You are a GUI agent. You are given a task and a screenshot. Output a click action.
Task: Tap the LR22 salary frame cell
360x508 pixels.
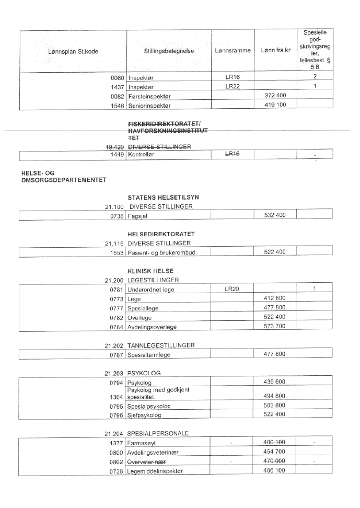click(232, 86)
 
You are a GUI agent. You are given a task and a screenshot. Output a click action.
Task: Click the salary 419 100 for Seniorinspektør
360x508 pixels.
click(274, 105)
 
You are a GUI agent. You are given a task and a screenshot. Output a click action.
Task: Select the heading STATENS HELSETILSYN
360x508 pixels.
click(162, 197)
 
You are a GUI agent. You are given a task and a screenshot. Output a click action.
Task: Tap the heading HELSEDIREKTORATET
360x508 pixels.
click(159, 234)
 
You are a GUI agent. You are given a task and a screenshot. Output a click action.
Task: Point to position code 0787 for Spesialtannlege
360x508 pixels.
click(116, 355)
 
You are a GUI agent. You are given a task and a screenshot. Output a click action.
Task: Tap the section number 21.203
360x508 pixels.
click(114, 374)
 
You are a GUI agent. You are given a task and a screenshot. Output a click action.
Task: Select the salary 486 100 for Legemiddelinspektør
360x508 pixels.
click(274, 471)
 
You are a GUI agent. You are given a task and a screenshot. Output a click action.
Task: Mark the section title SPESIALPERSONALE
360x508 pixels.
click(160, 433)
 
